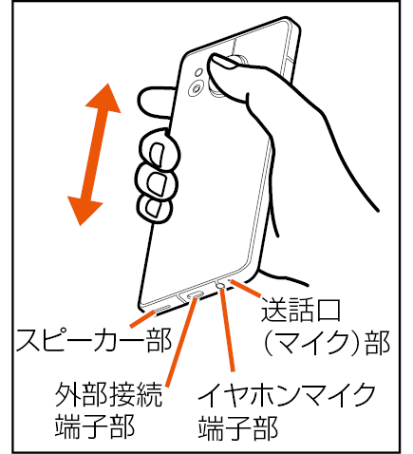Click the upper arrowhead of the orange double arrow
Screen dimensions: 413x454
coord(103,100)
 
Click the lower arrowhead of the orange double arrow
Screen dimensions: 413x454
coord(84,210)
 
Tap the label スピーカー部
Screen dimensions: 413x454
coord(94,340)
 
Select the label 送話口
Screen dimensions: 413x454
coord(300,310)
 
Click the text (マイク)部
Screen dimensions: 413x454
coord(327,343)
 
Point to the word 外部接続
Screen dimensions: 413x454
coord(108,394)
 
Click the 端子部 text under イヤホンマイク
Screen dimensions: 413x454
coord(238,427)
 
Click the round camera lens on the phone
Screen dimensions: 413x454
coord(197,87)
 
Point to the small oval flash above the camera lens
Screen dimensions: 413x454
coord(198,72)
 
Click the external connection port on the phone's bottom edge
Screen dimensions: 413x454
coord(195,295)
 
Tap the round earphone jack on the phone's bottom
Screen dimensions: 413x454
coord(220,286)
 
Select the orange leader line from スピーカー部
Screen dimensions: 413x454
coord(142,319)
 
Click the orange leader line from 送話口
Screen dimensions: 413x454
coord(246,289)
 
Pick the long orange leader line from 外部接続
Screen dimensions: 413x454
coord(180,343)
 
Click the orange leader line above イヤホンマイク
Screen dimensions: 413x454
coord(228,330)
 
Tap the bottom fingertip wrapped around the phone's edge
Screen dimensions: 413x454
coord(155,210)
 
